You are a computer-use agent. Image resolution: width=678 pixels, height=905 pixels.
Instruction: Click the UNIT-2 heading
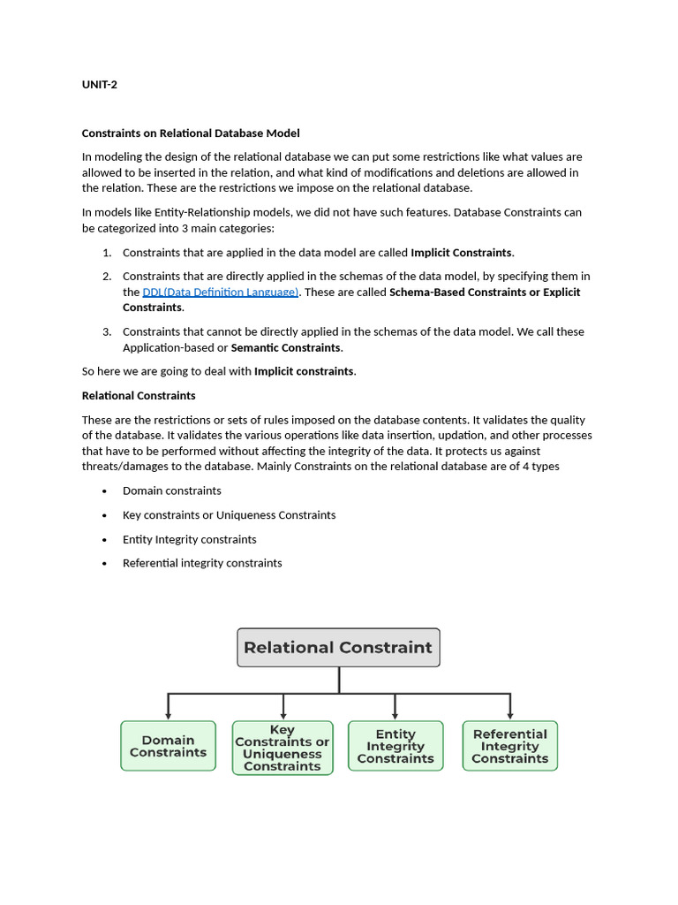pos(100,85)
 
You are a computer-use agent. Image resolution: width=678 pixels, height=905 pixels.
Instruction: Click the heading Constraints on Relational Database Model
pos(191,133)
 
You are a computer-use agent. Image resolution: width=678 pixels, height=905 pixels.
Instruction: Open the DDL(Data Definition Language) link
pos(221,293)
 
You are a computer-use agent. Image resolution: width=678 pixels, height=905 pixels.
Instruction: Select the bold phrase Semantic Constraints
pos(285,348)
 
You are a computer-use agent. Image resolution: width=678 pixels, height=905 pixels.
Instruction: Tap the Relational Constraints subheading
pos(139,396)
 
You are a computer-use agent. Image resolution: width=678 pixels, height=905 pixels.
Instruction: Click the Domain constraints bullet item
pos(172,491)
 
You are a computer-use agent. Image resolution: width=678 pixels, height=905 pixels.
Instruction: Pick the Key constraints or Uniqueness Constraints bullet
pos(229,515)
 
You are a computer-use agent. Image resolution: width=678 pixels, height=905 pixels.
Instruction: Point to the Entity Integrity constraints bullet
pos(190,540)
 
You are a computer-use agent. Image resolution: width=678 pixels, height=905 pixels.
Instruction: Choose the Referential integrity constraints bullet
pos(202,564)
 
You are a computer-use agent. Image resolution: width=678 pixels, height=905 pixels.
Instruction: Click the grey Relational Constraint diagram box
pos(338,648)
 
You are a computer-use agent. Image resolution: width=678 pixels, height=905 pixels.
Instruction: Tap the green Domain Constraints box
pos(168,747)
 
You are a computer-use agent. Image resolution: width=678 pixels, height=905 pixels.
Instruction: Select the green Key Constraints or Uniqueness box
pos(282,748)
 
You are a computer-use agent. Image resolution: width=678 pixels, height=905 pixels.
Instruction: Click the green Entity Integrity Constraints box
pos(395,747)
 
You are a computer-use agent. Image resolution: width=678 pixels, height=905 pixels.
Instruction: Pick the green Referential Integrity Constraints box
pos(510,747)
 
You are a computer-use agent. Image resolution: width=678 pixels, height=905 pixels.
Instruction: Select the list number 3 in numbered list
pos(106,332)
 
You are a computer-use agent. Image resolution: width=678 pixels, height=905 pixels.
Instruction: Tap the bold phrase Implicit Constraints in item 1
pos(461,253)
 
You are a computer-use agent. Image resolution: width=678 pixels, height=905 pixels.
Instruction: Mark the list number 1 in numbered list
pos(106,253)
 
